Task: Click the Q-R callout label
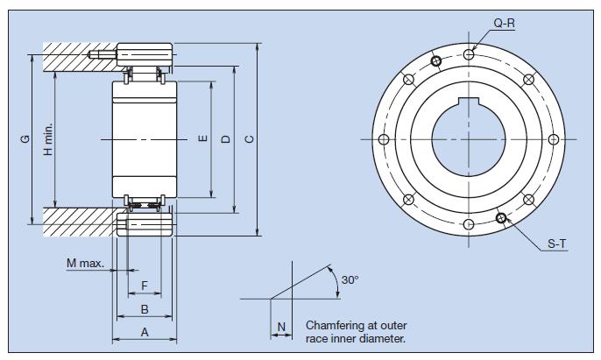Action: click(x=504, y=25)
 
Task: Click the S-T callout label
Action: click(x=556, y=246)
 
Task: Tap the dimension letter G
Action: click(x=25, y=138)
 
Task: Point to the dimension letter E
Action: click(x=203, y=139)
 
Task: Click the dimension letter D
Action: click(x=226, y=139)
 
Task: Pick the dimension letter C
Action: click(x=250, y=139)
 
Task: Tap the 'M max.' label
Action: click(x=84, y=263)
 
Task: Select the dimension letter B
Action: click(x=145, y=309)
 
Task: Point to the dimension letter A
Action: click(x=145, y=332)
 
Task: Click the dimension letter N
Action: click(x=281, y=327)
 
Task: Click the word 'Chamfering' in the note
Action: click(x=334, y=324)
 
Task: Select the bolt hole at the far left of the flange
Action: click(x=383, y=139)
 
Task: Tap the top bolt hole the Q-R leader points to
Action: click(x=470, y=54)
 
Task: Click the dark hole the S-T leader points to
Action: click(x=500, y=219)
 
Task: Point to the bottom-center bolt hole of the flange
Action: click(x=469, y=225)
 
